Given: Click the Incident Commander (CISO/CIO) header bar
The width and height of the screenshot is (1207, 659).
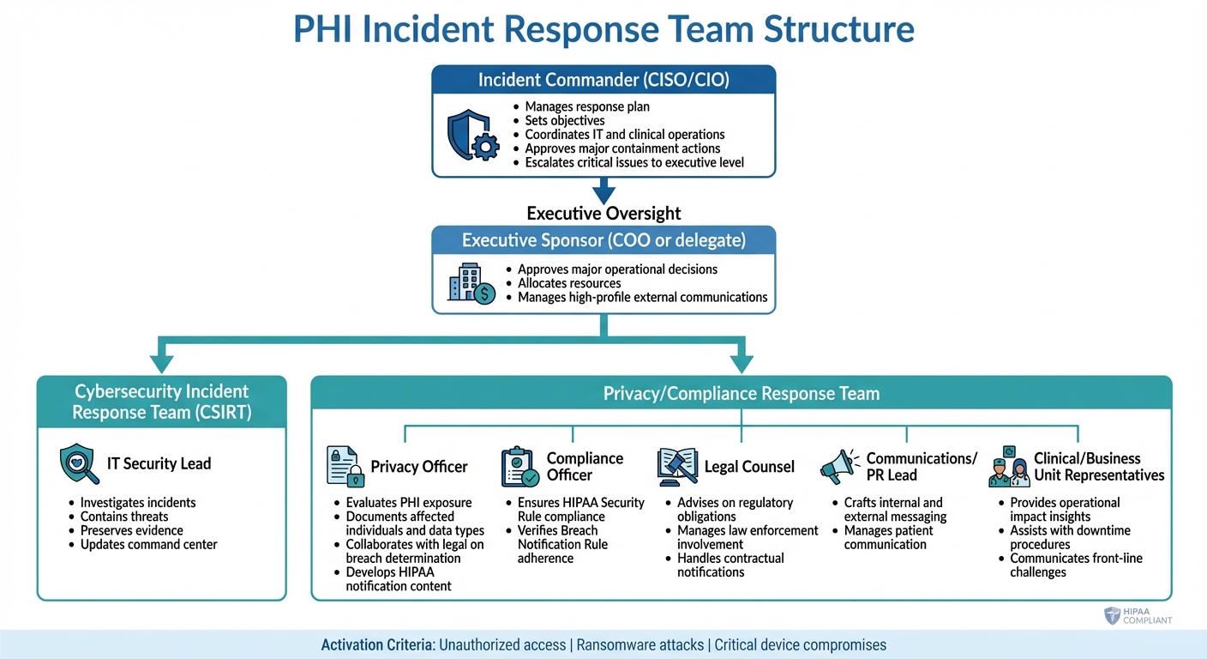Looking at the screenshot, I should [x=603, y=81].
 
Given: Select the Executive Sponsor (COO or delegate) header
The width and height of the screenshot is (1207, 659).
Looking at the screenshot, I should [x=603, y=240].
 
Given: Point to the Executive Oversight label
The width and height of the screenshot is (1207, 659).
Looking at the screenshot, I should [x=603, y=214].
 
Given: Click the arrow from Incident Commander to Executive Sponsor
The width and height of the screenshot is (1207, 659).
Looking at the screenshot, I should [x=603, y=190].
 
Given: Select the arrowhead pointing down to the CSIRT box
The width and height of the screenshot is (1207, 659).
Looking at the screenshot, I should [x=161, y=363].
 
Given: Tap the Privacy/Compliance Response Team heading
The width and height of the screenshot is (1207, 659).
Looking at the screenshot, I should [x=741, y=394].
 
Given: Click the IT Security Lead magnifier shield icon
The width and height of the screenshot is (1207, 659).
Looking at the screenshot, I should [x=80, y=464].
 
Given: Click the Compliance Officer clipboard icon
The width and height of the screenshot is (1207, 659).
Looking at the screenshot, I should [x=519, y=466].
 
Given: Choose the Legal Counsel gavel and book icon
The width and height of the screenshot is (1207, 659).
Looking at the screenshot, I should [x=677, y=466].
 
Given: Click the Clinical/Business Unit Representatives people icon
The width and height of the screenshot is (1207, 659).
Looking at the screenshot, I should [x=1008, y=466].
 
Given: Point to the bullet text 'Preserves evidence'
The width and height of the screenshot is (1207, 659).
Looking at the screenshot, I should [x=131, y=530].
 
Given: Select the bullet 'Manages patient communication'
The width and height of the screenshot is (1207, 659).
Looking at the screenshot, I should [x=885, y=537].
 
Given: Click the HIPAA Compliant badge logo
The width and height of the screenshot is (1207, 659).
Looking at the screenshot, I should [x=1114, y=615].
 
